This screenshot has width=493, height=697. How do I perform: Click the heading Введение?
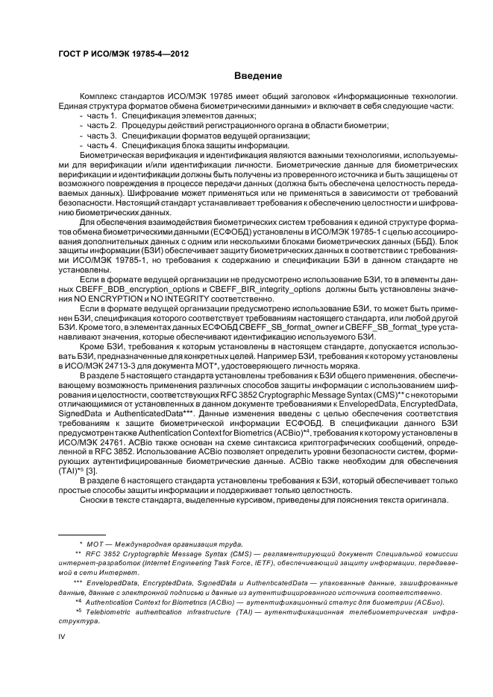pyautogui.click(x=257, y=75)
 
